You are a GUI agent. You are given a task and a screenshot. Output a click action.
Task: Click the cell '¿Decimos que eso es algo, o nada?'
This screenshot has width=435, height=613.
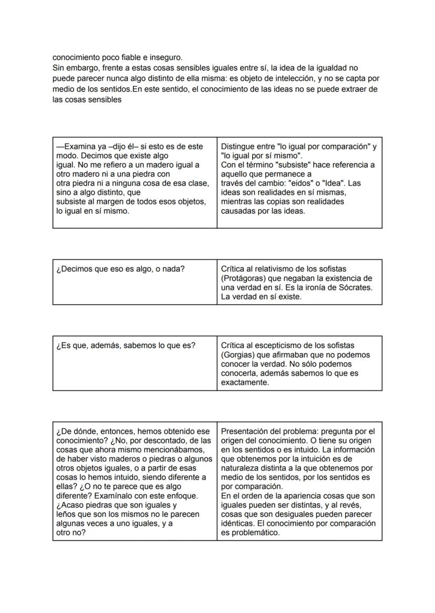[x=120, y=269]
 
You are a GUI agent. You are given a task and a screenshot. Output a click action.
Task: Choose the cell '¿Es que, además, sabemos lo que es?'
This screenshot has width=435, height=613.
[x=126, y=346]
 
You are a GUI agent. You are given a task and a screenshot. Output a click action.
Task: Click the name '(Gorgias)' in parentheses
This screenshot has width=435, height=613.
[x=239, y=355]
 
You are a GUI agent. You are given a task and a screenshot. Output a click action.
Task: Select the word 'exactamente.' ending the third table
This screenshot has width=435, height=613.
[x=245, y=383]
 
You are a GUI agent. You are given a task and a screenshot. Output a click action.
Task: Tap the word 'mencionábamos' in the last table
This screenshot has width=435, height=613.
[x=181, y=450]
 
